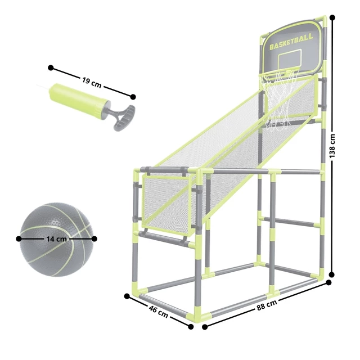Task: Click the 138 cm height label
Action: [x=332, y=146]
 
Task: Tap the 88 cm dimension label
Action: [x=267, y=305]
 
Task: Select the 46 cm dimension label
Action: [x=158, y=311]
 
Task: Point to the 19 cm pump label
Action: [x=92, y=82]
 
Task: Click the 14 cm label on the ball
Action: [x=56, y=239]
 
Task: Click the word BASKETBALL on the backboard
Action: [x=291, y=42]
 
